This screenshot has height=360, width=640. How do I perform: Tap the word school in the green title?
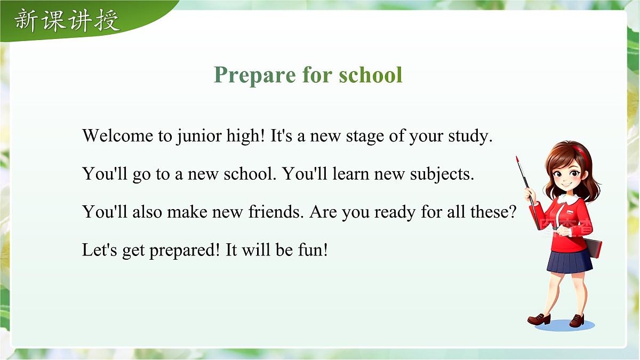click(371, 75)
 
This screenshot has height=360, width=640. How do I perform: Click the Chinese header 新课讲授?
click(67, 20)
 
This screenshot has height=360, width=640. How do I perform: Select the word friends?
click(276, 212)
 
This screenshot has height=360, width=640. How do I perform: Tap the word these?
click(493, 212)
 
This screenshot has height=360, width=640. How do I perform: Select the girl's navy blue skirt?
click(569, 261)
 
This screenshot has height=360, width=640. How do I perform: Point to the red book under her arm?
click(594, 247)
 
